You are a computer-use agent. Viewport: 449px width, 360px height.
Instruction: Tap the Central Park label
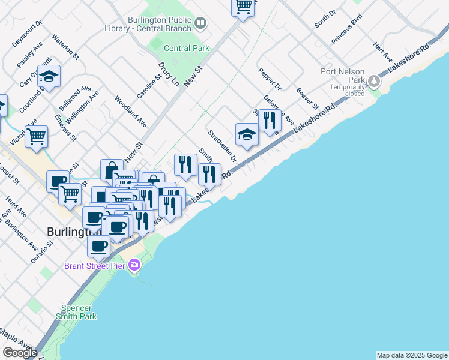point(186,48)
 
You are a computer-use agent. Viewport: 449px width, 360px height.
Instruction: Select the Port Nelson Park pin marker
point(375,80)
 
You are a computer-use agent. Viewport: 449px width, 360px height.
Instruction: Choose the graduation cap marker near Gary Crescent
point(49,76)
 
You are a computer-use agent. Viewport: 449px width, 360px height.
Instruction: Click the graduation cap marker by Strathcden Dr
point(246,134)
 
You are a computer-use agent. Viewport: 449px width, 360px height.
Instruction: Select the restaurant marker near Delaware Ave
point(270,120)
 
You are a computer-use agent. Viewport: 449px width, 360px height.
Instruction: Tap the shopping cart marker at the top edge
point(243,7)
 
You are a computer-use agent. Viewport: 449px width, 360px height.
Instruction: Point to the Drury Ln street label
point(169,72)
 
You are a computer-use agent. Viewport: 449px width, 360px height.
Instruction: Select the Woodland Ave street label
point(130,112)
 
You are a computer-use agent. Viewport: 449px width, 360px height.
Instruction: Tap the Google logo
point(20,353)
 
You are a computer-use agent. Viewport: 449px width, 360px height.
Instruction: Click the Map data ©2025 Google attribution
point(411,355)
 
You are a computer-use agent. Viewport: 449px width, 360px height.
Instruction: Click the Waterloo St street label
point(65,46)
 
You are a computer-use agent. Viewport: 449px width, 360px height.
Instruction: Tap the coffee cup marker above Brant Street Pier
point(99,245)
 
